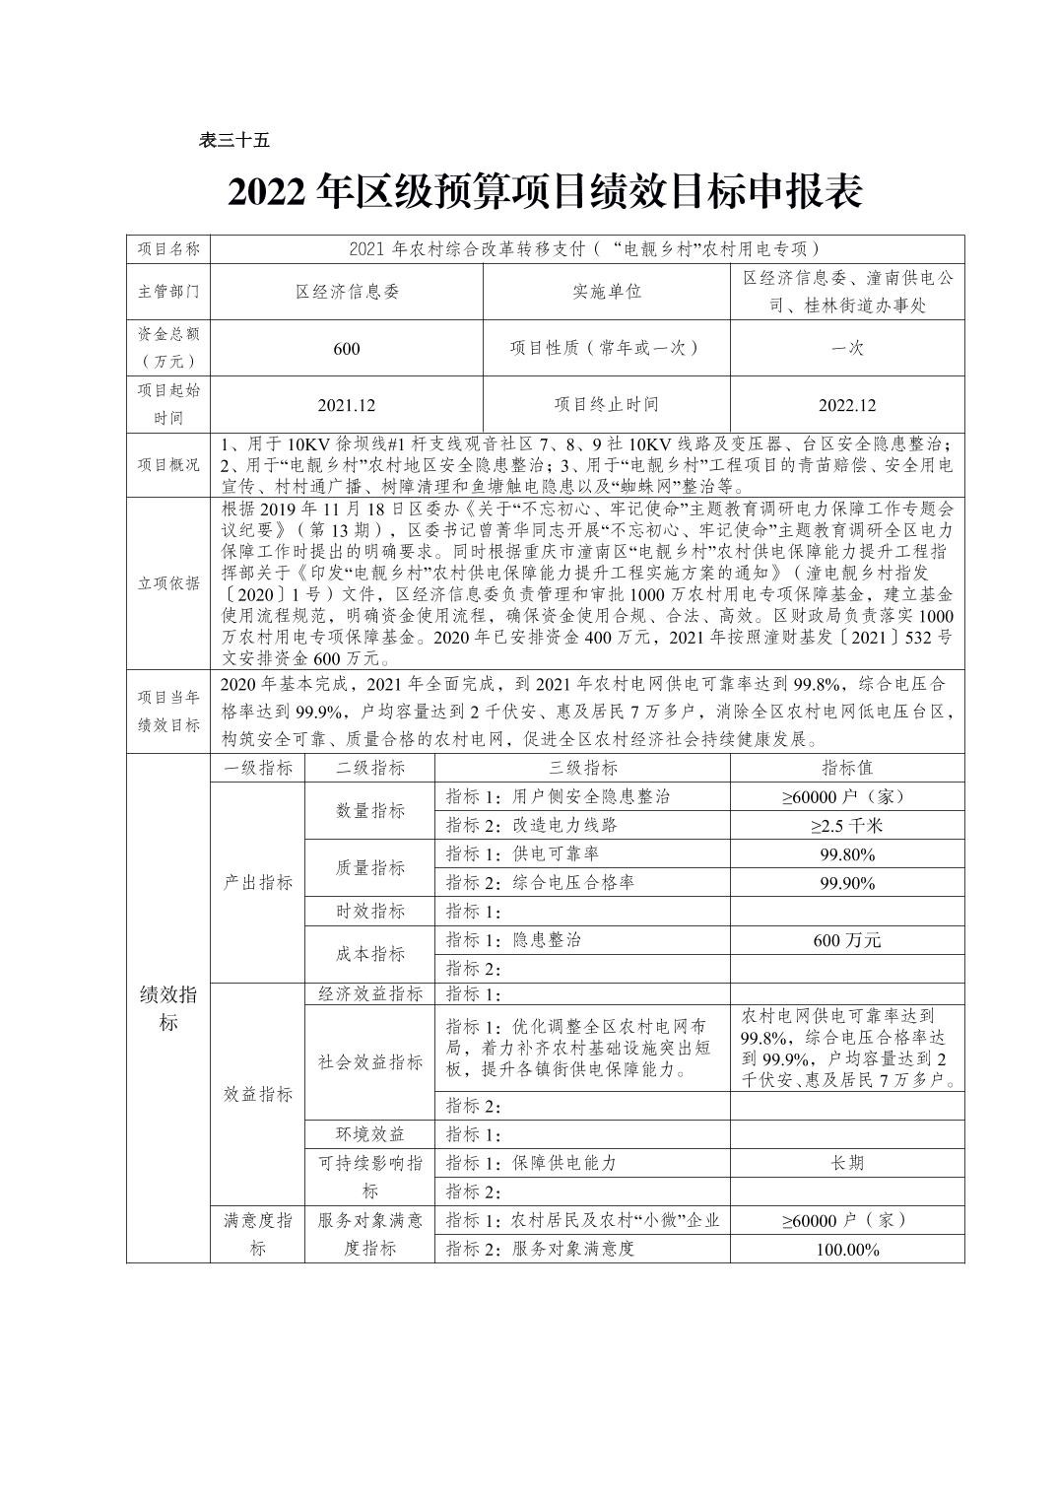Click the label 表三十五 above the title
[x=233, y=141]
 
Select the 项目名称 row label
[x=168, y=249]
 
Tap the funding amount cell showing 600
[x=347, y=348]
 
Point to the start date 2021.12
[x=347, y=405]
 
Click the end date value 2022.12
[x=846, y=405]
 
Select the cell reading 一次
[x=846, y=348]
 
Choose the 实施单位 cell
[x=606, y=292]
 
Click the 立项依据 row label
[x=168, y=582]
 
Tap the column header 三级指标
[x=582, y=768]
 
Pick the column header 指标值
[x=846, y=768]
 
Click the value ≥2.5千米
[x=846, y=825]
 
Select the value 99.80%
[x=846, y=853]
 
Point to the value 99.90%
[x=846, y=882]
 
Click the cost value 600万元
[x=846, y=939]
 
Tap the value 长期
[x=846, y=1163]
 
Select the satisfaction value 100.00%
[x=846, y=1249]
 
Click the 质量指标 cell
[x=369, y=867]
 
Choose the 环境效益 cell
[x=369, y=1134]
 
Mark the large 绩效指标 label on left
[x=168, y=1008]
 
